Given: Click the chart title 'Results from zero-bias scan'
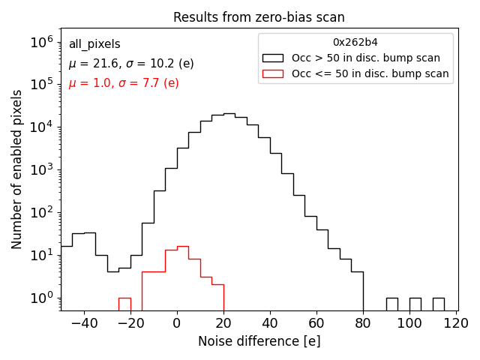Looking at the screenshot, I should coord(259,17).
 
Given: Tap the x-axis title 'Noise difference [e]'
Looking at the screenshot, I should coord(259,341).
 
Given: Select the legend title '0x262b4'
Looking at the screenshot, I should coord(355,43).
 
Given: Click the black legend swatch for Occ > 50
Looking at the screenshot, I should coord(274,58).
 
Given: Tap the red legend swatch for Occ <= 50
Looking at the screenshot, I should coord(274,73).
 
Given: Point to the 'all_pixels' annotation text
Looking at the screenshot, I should coord(94,45).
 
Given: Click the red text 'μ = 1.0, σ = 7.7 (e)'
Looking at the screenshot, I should coord(124,83).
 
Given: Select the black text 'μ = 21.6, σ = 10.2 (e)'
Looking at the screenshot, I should coord(131,64).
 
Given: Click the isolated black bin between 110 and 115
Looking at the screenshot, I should coord(439,304).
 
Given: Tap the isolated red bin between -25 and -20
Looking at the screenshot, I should coord(124,304).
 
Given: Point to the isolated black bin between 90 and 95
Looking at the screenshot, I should coord(392,304).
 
